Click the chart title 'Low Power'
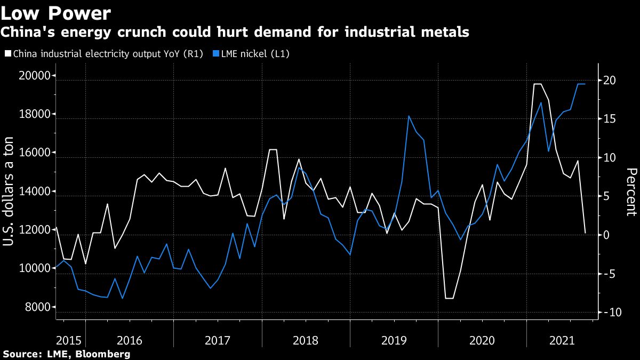(x=56, y=12)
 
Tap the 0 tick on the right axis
(x=606, y=235)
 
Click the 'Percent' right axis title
(x=631, y=191)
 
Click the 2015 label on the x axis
(x=69, y=340)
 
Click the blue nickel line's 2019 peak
(x=409, y=116)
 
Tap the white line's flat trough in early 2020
(x=449, y=298)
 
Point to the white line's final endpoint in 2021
(x=585, y=233)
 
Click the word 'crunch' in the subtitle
(x=167, y=33)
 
